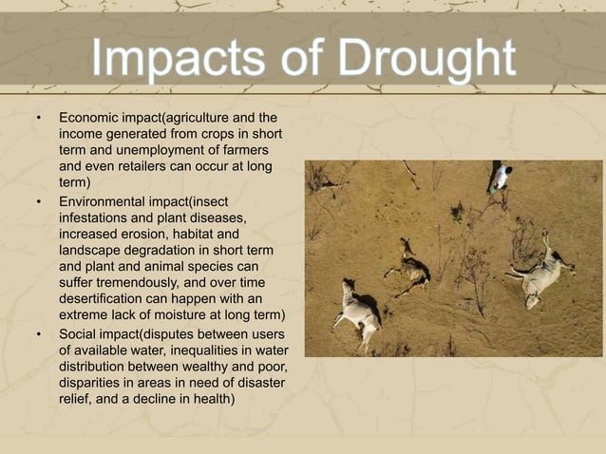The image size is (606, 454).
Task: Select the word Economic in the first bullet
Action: click(x=90, y=119)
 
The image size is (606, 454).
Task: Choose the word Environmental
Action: click(x=105, y=202)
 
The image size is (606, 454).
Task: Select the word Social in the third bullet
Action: click(x=79, y=334)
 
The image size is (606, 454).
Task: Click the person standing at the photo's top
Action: click(x=500, y=177)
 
